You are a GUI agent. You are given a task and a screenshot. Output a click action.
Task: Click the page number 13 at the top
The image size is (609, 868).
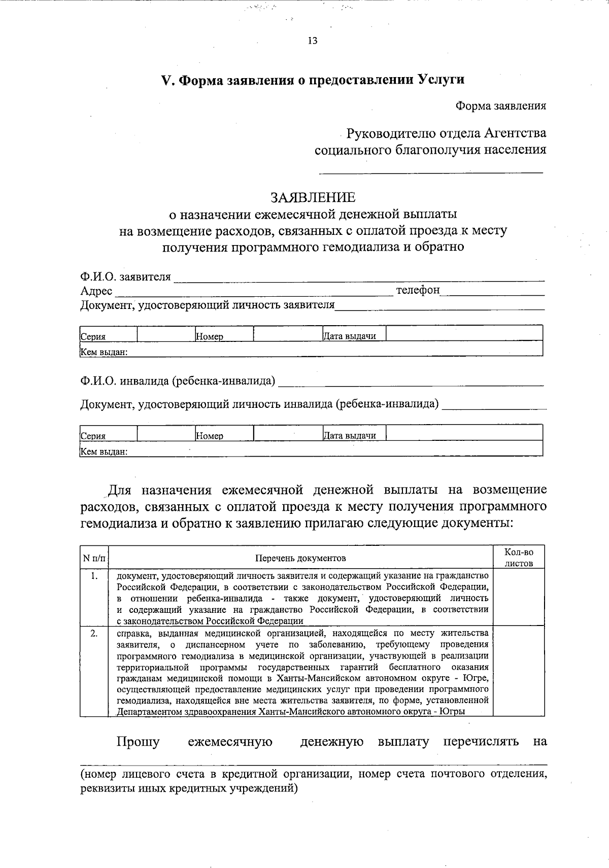(313, 41)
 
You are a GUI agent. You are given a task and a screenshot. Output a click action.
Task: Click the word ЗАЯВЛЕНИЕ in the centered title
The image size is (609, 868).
(313, 197)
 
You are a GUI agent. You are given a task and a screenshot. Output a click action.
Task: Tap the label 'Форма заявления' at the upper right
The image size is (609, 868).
(500, 106)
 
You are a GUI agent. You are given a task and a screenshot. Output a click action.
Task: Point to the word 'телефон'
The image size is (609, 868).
(418, 290)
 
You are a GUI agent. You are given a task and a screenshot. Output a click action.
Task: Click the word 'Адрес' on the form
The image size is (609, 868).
(96, 291)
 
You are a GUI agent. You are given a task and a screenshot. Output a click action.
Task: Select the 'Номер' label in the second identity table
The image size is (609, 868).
(210, 436)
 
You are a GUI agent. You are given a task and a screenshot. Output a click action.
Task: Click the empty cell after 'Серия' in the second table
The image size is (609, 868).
(165, 433)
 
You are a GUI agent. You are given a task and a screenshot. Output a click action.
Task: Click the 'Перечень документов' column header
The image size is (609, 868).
(300, 558)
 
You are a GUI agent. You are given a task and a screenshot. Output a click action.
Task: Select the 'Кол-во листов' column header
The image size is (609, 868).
(519, 558)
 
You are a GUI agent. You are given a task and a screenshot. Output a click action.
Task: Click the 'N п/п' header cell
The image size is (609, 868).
(94, 558)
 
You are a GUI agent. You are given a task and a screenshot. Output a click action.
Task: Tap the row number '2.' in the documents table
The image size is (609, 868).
(94, 634)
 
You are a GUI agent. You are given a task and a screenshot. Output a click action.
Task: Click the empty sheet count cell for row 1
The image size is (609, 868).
(519, 597)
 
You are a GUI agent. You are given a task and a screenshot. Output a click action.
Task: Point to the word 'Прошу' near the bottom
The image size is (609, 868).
(138, 742)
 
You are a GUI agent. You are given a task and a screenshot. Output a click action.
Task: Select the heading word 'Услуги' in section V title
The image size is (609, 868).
(441, 80)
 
